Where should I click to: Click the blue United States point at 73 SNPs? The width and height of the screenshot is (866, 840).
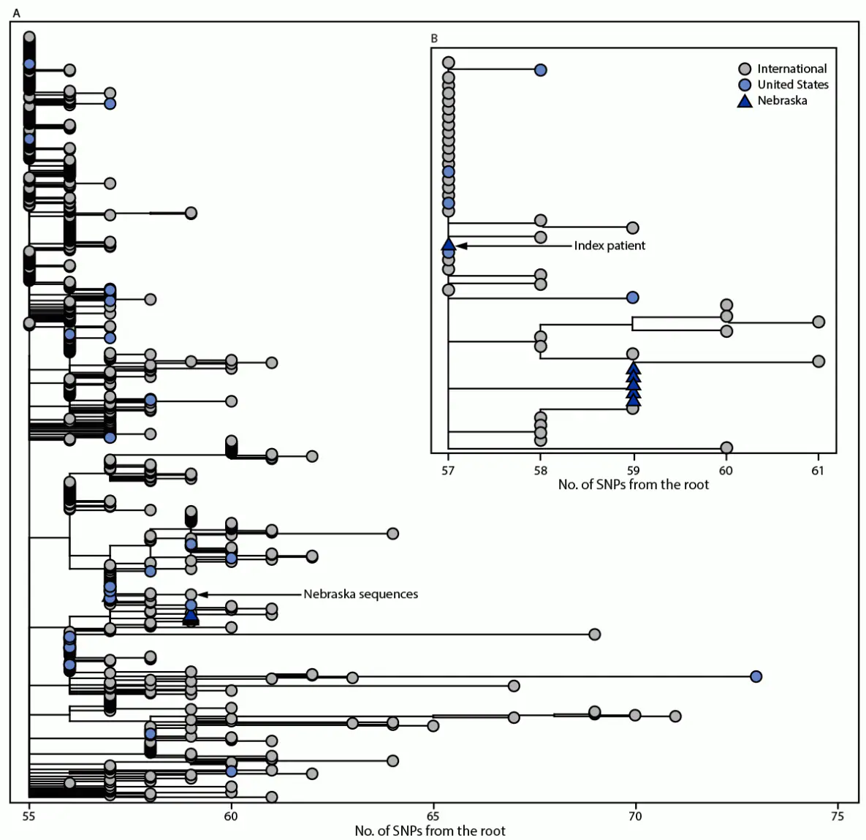tap(756, 676)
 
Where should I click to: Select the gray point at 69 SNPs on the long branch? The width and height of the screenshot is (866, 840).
tap(594, 634)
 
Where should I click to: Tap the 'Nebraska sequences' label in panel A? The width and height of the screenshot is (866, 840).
tap(360, 594)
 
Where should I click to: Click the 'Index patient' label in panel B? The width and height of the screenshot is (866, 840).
tap(609, 246)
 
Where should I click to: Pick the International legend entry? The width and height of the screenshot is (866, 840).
tap(791, 69)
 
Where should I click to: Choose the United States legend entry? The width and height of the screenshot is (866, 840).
tap(792, 85)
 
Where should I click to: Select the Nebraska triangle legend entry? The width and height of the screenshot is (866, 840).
tap(781, 101)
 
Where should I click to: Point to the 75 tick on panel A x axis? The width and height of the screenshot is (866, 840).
tap(837, 816)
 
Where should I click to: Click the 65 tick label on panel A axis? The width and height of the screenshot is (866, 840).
tap(433, 816)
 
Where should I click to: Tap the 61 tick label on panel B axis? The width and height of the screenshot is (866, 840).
tap(817, 471)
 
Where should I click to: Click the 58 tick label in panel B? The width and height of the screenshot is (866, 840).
tap(540, 471)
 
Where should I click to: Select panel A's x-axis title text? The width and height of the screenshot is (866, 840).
tap(430, 831)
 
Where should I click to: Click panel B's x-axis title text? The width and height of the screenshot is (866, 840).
tap(633, 485)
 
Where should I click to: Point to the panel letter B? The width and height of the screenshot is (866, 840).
tap(434, 38)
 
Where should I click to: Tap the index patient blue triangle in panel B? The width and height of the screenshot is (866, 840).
tap(449, 245)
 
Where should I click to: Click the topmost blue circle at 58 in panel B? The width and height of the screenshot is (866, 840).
tap(540, 70)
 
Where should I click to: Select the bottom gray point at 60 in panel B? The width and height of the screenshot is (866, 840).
tap(726, 447)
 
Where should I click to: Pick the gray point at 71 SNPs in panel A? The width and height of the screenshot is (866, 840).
tap(675, 716)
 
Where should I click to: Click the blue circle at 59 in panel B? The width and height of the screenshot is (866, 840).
tap(633, 297)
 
